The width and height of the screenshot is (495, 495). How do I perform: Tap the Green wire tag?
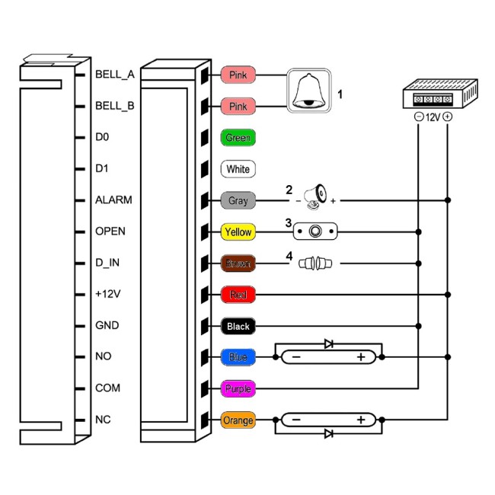[x=238, y=139]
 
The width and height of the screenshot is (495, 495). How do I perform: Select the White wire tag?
[x=238, y=169]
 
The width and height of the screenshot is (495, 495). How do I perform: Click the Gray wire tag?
[x=238, y=201]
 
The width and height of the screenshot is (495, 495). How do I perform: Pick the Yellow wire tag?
[x=238, y=232]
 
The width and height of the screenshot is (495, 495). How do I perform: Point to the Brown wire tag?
[x=238, y=263]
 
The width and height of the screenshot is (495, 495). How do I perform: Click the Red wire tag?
[x=238, y=295]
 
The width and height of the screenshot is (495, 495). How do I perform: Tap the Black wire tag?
[x=238, y=326]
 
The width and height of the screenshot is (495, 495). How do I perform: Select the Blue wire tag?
[x=238, y=357]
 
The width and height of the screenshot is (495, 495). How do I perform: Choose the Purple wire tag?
[x=238, y=388]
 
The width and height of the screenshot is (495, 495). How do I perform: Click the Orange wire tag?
[x=238, y=420]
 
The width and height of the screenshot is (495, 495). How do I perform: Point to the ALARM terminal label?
[x=113, y=200]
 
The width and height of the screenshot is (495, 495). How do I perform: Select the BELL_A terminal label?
[x=115, y=75]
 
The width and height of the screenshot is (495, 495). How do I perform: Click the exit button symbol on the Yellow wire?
[x=315, y=232]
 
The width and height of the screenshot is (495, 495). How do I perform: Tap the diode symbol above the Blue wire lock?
[x=328, y=344]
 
